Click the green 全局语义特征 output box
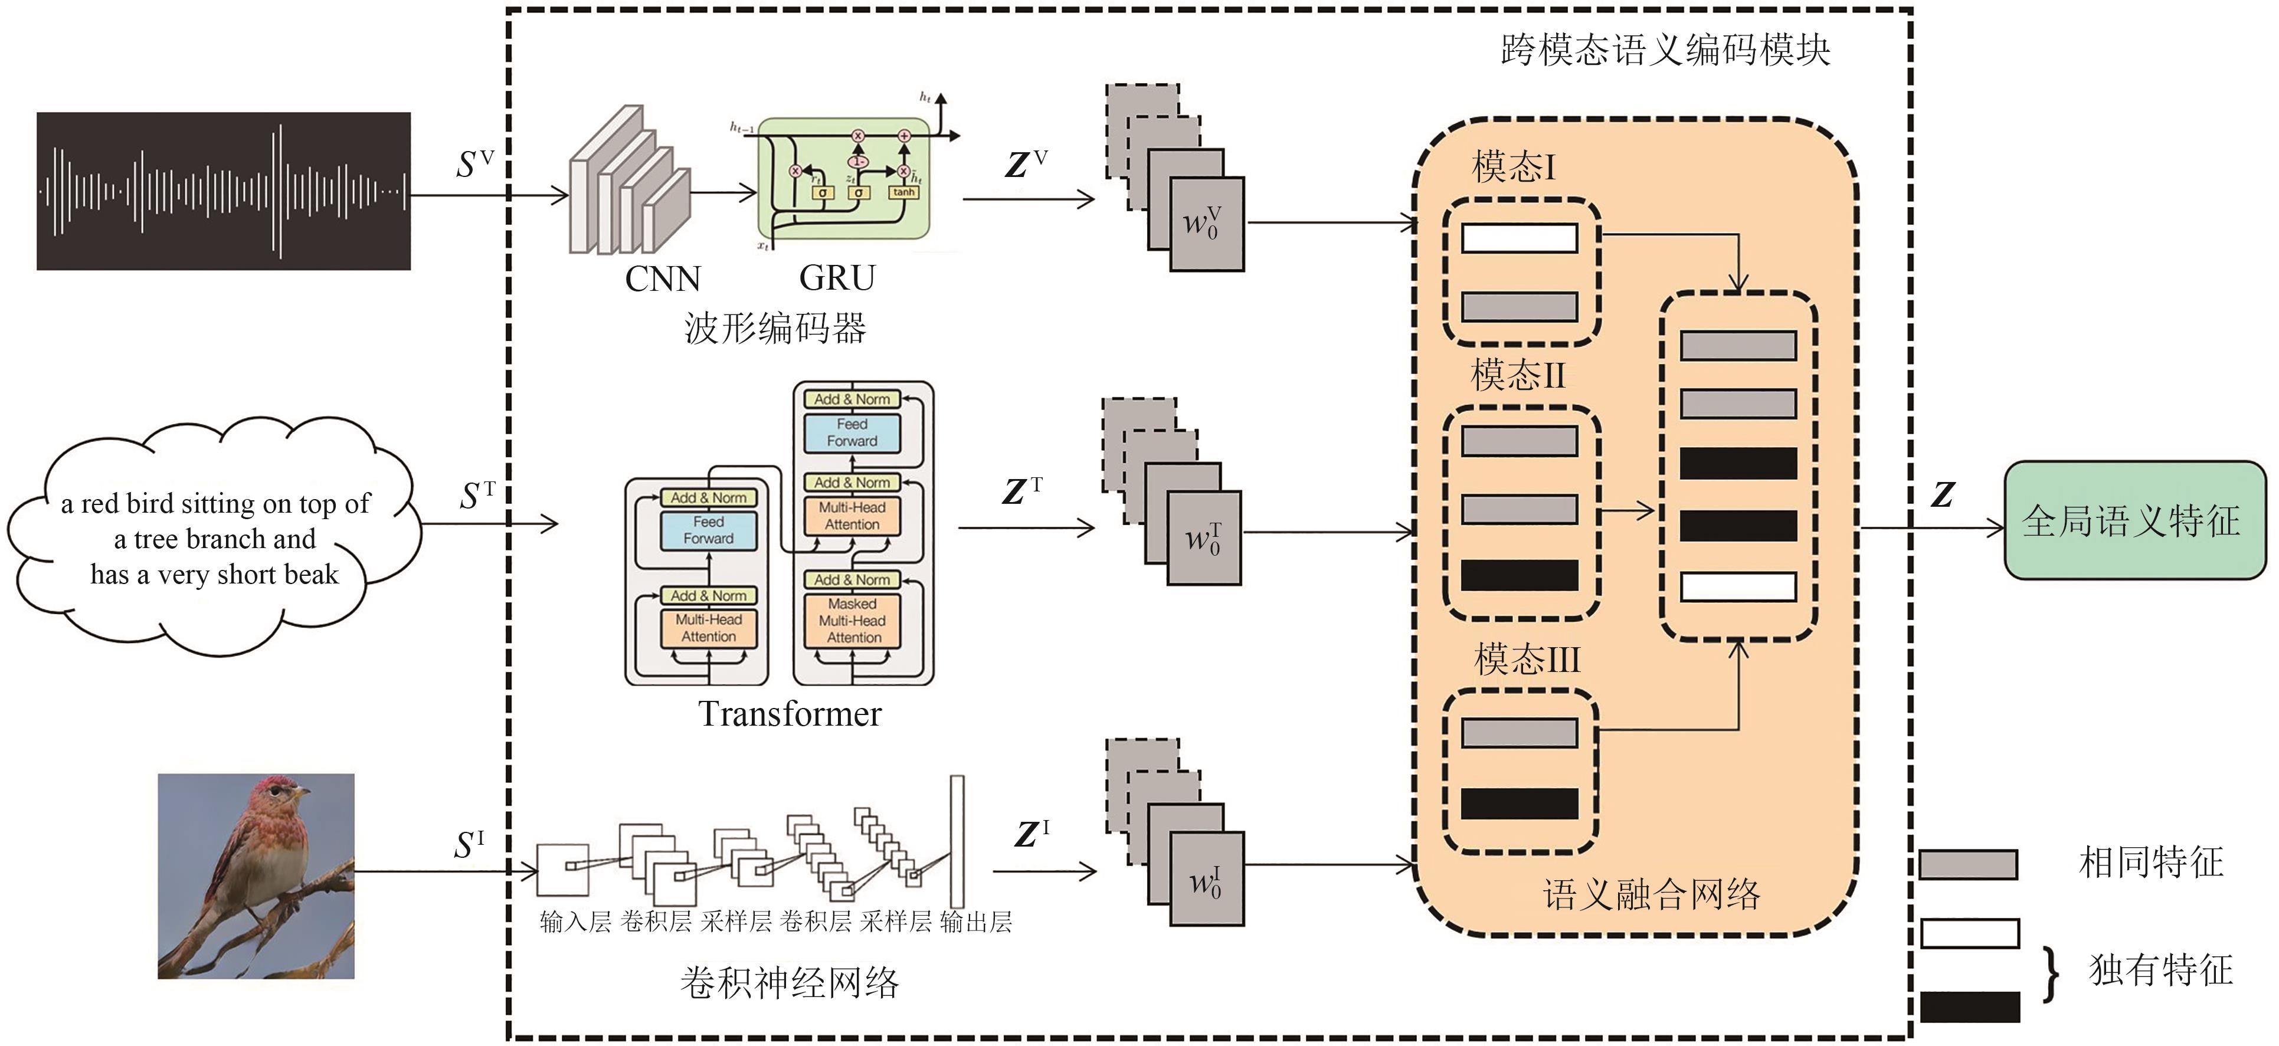[x=2133, y=521]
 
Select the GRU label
[x=836, y=278]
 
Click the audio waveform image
[x=223, y=191]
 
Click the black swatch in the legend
[x=1969, y=1007]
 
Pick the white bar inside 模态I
[x=1518, y=238]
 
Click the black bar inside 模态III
[x=1518, y=803]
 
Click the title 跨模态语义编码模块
[x=1665, y=50]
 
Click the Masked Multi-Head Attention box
[x=852, y=621]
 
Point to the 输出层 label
[x=976, y=922]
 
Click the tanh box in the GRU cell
[x=903, y=192]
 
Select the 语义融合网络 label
[x=1651, y=895]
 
